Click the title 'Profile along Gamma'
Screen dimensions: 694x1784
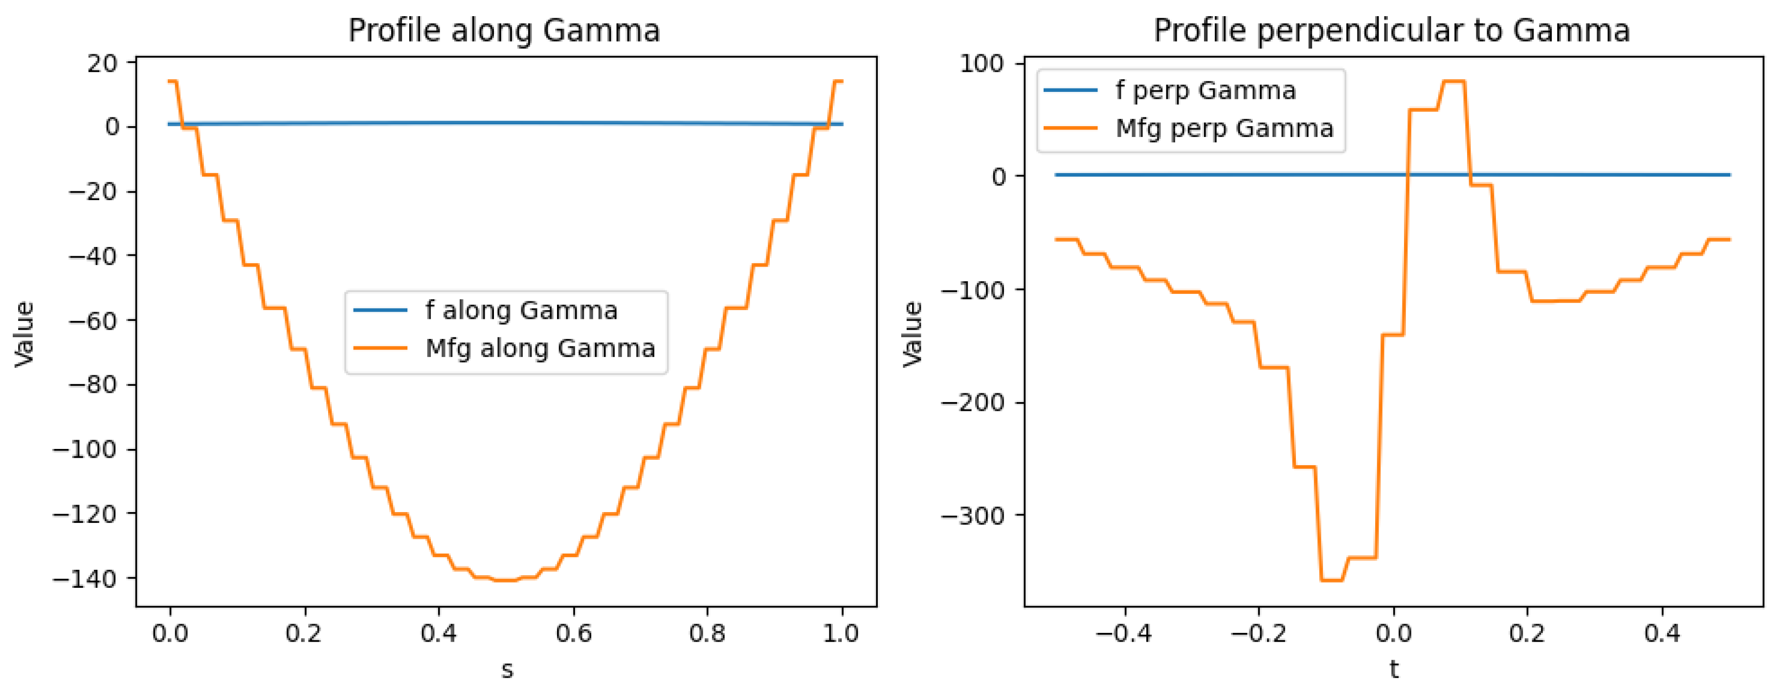tap(504, 30)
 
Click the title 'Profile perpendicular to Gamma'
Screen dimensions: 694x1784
tap(1391, 30)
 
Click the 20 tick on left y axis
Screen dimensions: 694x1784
tap(103, 63)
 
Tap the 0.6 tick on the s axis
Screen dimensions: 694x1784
tap(574, 633)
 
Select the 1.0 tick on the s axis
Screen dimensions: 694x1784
tap(842, 633)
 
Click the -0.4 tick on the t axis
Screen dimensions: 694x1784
tap(1124, 633)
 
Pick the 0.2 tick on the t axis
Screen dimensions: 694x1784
tap(1527, 633)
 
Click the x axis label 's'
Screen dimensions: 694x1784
tap(507, 670)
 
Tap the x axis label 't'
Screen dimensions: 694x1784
tap(1394, 670)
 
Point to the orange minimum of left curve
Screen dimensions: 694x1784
tap(506, 581)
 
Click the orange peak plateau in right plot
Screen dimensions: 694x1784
tap(1453, 82)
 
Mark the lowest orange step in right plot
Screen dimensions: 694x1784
tap(1331, 581)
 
